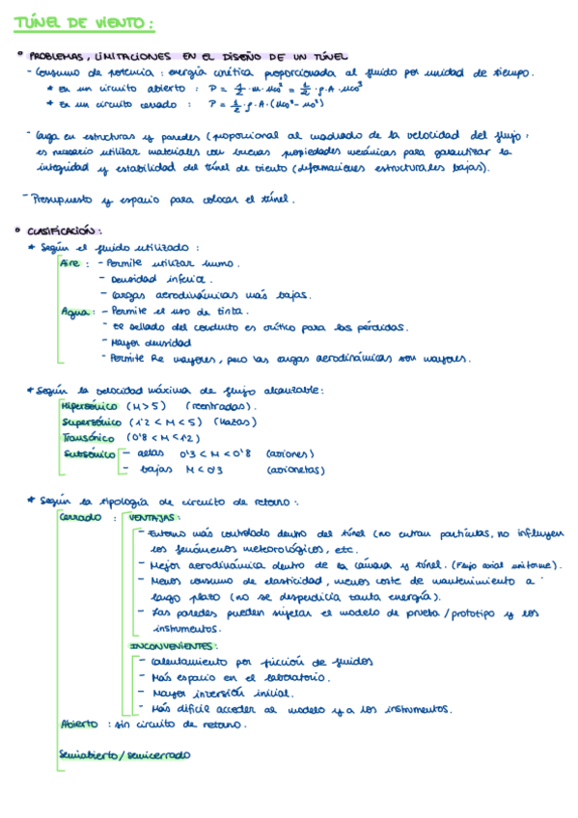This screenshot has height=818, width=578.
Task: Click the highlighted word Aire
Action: [x=71, y=262]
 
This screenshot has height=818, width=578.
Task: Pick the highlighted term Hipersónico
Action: [x=92, y=406]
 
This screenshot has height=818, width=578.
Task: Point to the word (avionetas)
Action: [x=295, y=470]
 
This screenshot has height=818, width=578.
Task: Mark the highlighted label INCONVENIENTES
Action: [x=174, y=644]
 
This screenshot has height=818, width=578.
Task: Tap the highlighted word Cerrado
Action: [x=81, y=517]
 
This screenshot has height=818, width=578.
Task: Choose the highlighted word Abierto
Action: [x=79, y=723]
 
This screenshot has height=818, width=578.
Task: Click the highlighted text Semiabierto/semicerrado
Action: [x=124, y=755]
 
